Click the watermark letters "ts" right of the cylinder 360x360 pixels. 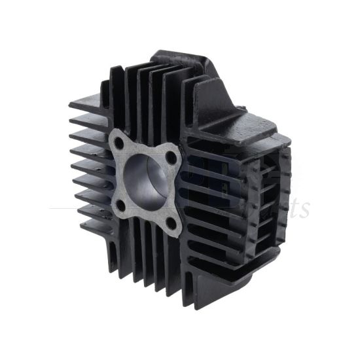pos(297,208)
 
